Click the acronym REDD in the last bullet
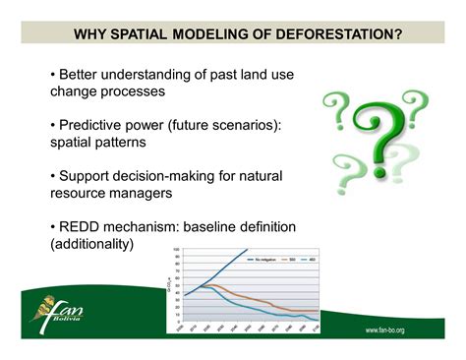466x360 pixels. [x=84, y=225]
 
